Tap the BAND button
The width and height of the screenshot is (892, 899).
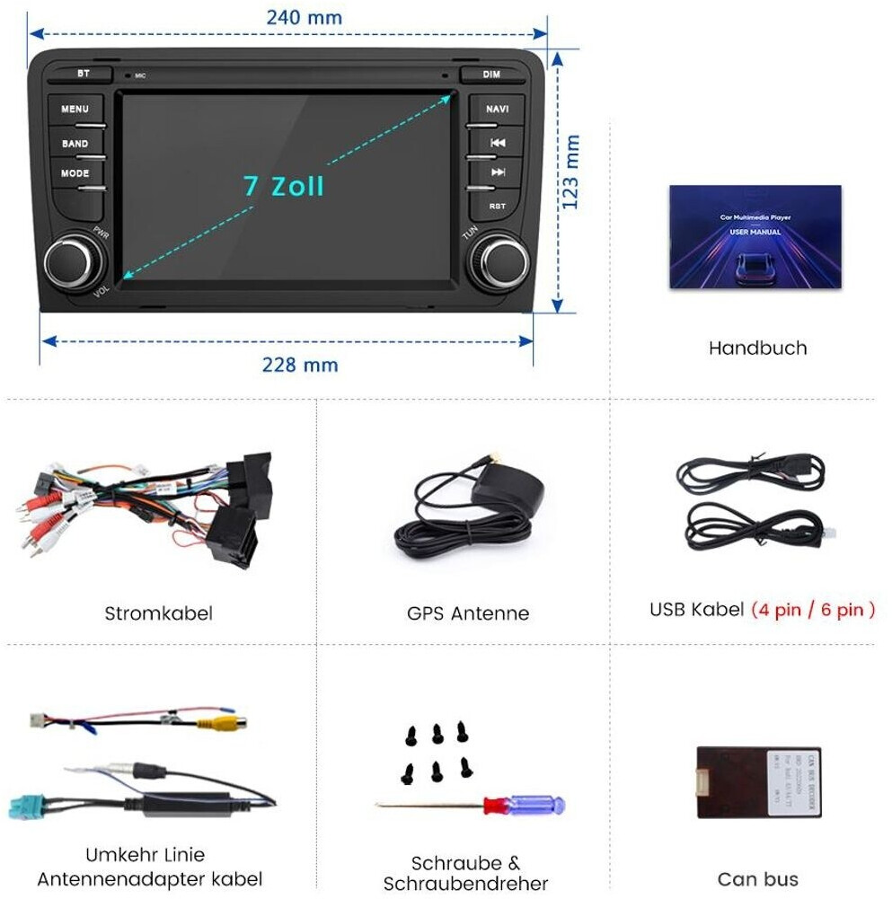point(75,144)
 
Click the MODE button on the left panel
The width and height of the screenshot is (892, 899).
point(75,174)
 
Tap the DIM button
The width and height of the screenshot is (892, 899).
point(491,75)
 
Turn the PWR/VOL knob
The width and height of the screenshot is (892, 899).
point(70,263)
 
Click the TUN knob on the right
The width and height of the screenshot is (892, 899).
point(499,262)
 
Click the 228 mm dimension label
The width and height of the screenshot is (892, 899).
point(300,365)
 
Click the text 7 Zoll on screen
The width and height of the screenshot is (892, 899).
point(283,186)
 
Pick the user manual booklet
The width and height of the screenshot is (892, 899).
point(755,237)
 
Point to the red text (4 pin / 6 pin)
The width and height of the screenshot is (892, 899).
point(812,610)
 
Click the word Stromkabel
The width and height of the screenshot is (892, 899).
point(158,614)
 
